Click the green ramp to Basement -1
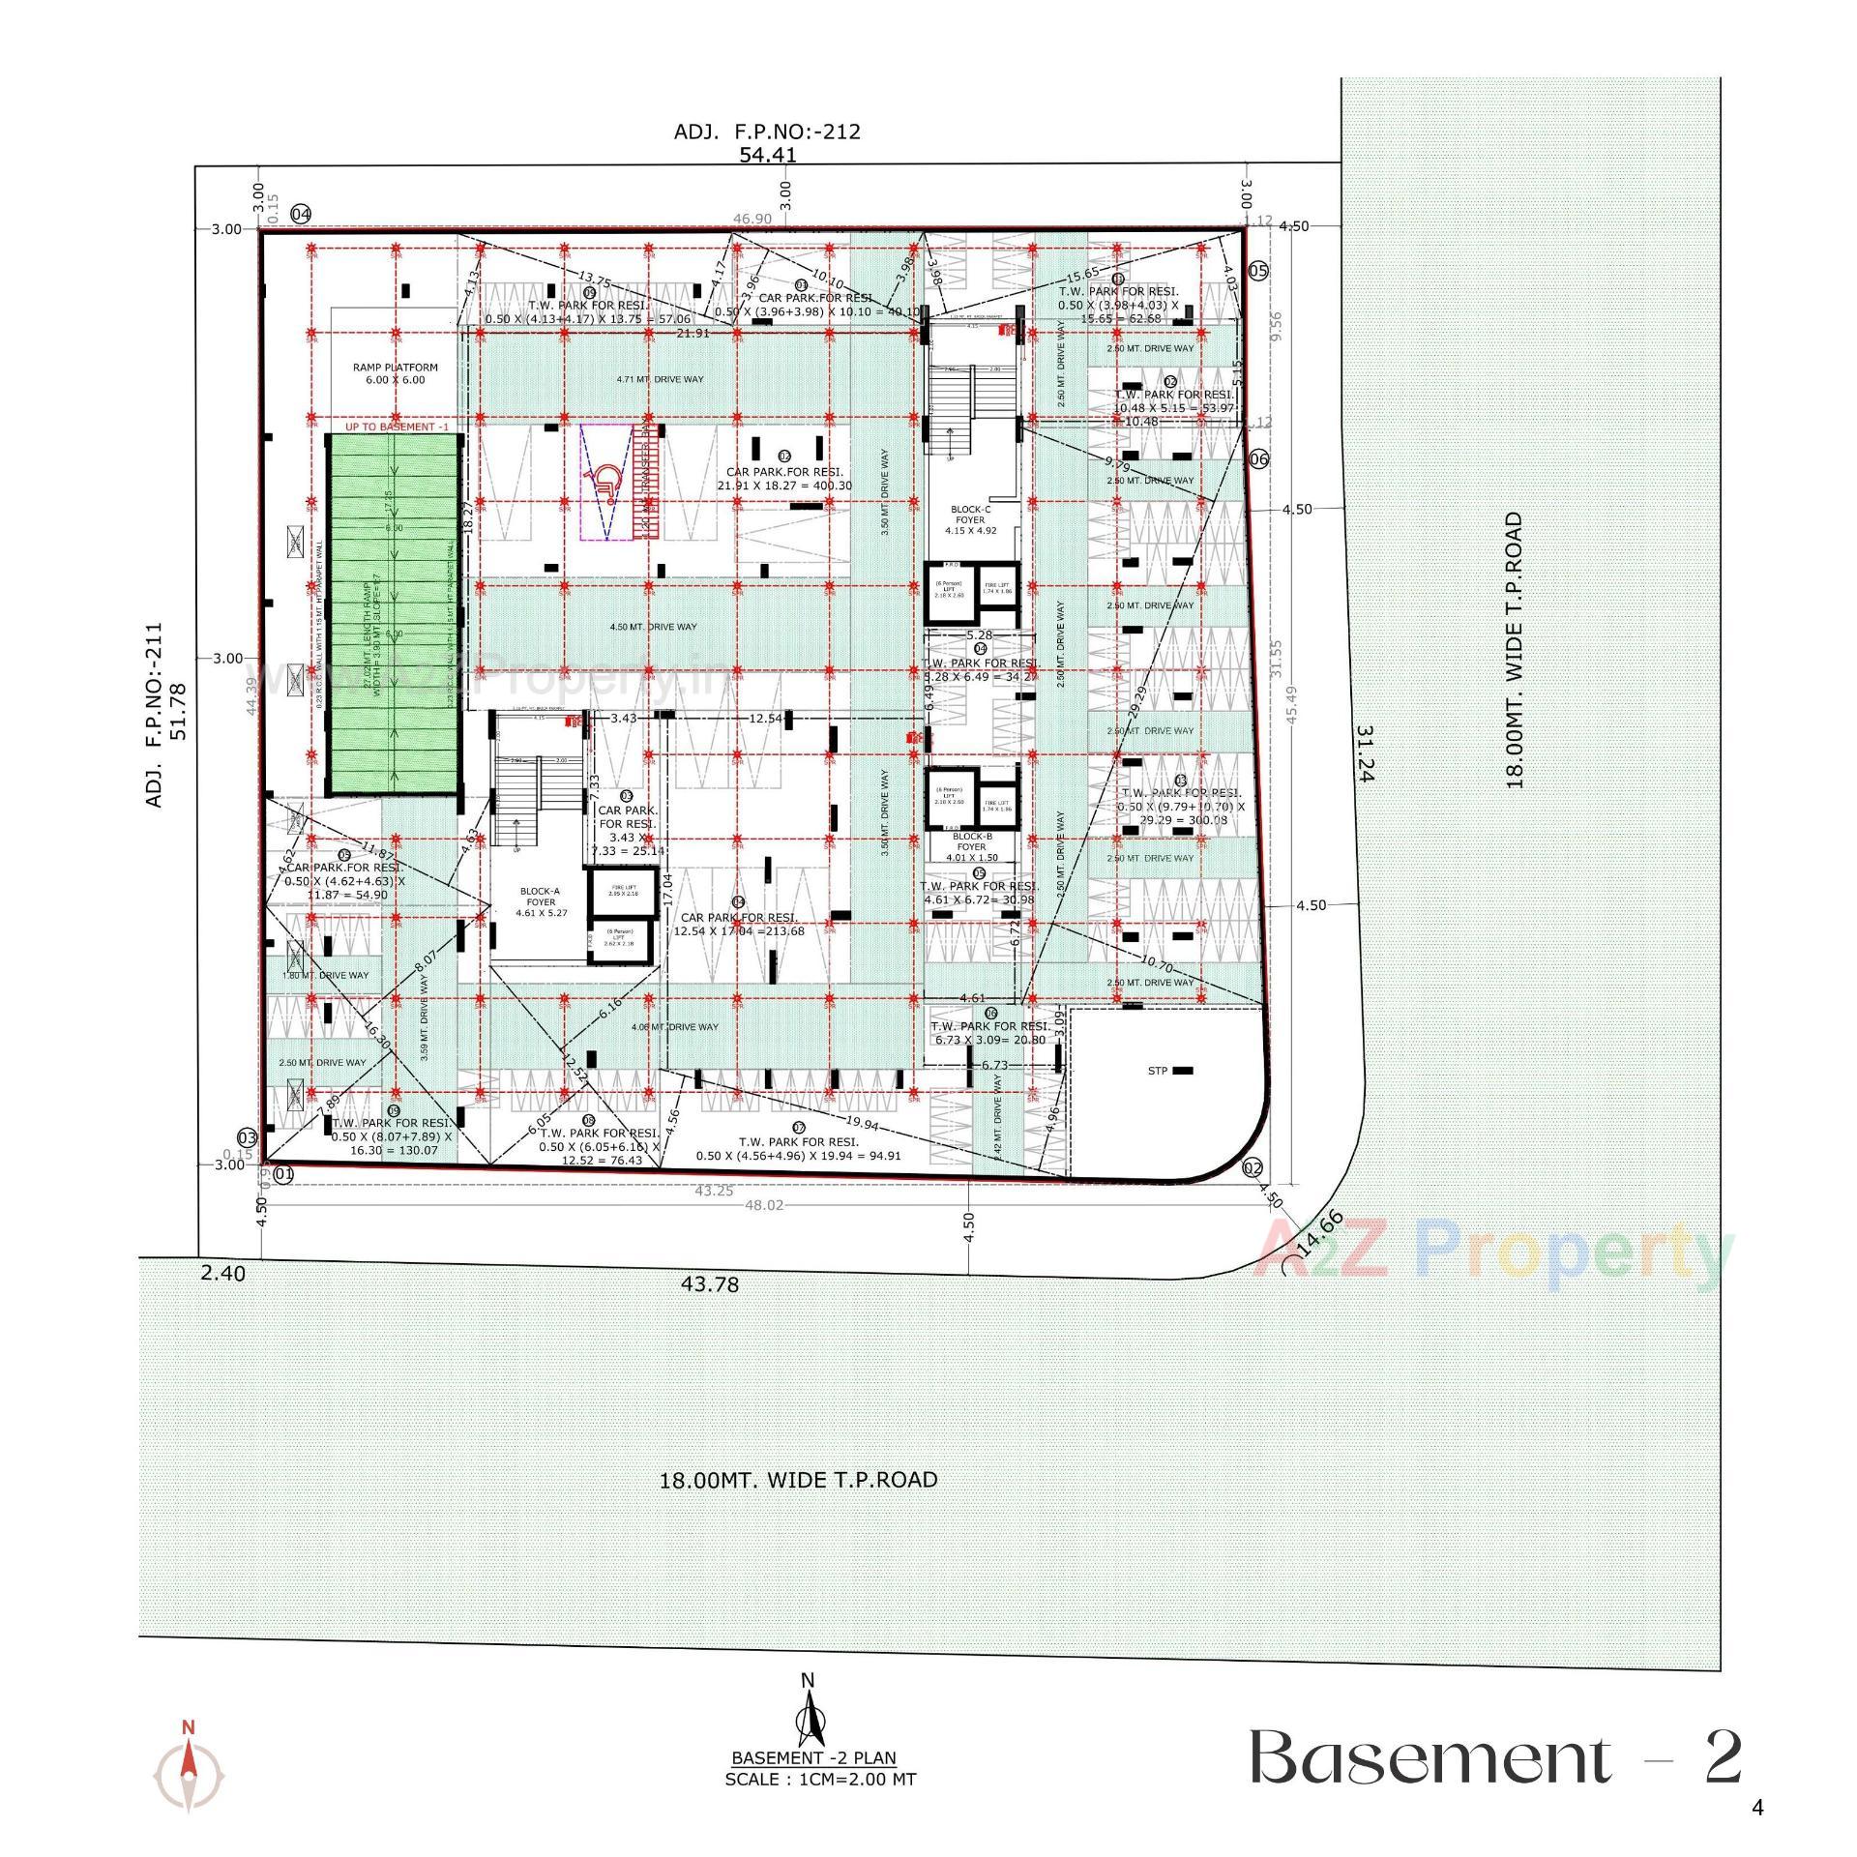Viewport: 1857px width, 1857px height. point(394,614)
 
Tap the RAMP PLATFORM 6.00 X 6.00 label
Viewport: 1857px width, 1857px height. point(395,373)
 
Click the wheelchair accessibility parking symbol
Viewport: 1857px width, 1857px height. point(606,481)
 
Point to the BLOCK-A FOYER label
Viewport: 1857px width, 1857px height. point(541,901)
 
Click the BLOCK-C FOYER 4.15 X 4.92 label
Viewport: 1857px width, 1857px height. point(970,519)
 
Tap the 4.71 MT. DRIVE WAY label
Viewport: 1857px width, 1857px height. point(660,379)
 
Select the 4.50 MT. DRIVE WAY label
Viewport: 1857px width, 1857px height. point(653,627)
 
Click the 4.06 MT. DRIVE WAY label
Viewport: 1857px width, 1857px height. point(674,1027)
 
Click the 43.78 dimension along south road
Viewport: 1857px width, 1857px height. point(710,1283)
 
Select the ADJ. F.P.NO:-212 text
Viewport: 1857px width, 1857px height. point(767,132)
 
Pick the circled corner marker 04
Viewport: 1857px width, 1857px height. point(302,214)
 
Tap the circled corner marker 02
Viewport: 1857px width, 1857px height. point(1253,1168)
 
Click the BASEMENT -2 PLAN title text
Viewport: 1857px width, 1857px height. point(813,1757)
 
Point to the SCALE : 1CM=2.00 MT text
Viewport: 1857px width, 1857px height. point(819,1779)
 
